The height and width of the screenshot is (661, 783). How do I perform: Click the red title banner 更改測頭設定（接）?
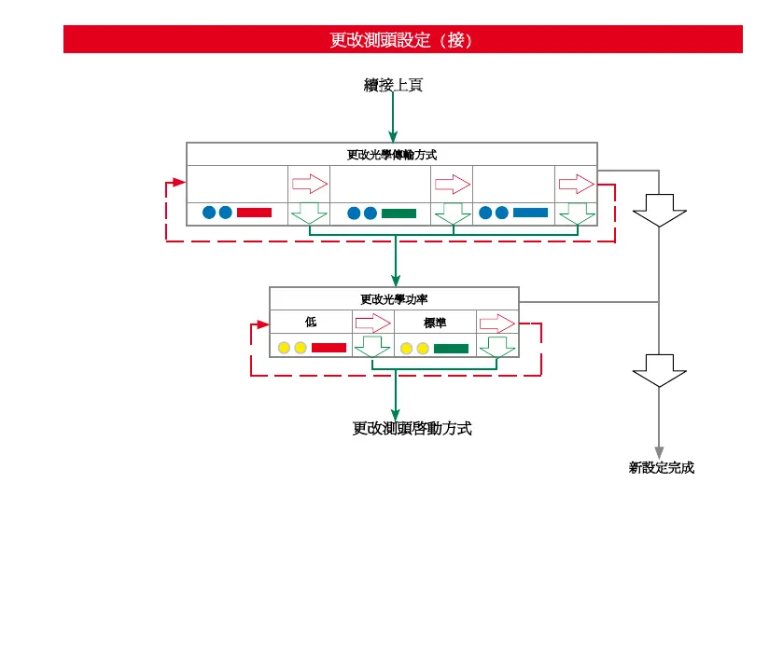click(x=402, y=40)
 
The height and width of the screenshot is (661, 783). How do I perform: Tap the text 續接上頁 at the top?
click(x=393, y=85)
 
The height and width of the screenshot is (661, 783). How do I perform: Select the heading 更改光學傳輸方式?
click(x=391, y=155)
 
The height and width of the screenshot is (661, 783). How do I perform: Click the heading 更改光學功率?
click(x=394, y=299)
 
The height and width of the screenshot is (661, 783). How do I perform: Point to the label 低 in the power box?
click(x=311, y=322)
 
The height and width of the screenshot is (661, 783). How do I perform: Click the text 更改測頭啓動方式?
click(x=412, y=429)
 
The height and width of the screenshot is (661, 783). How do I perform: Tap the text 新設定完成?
click(x=661, y=468)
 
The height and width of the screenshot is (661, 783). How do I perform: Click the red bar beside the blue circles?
click(x=254, y=213)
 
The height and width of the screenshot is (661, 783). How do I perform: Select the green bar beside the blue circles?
click(x=398, y=213)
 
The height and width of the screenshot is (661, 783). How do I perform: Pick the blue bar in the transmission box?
click(x=530, y=213)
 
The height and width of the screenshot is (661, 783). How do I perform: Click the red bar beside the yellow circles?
click(x=329, y=348)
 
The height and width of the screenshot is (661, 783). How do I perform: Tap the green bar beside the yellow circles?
click(x=451, y=348)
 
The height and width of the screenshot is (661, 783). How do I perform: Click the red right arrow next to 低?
click(x=372, y=323)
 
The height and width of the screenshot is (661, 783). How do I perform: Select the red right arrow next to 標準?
click(x=496, y=323)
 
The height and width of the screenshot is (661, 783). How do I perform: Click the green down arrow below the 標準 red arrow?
click(x=496, y=347)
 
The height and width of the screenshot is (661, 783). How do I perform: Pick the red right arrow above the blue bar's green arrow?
click(x=575, y=183)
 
